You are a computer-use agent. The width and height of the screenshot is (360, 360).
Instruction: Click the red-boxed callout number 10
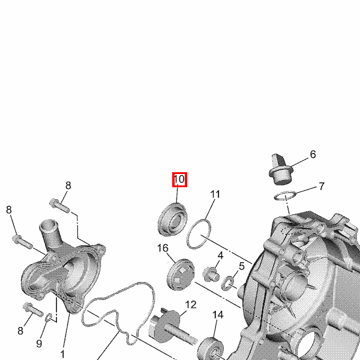coord(179,179)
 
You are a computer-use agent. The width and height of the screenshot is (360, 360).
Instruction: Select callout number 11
coord(215,194)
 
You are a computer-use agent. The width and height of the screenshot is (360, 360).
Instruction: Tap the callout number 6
coord(313,154)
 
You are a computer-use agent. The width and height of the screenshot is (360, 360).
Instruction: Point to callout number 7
coord(322,186)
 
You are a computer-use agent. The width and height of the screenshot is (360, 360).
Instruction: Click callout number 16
coord(163,248)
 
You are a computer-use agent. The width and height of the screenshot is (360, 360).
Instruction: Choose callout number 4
coord(220,256)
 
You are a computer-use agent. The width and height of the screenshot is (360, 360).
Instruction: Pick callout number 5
coord(242,266)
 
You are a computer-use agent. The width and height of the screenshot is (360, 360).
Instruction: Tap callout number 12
coord(191,305)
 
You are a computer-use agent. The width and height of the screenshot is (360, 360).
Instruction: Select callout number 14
coord(218,315)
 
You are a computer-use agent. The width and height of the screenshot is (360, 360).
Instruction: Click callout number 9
coord(39,344)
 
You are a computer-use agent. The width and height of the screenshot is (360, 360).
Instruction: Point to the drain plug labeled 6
coord(281,169)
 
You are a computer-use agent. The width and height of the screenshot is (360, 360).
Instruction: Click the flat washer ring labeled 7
coord(285,196)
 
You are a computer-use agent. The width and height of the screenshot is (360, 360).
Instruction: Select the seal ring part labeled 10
coord(173,219)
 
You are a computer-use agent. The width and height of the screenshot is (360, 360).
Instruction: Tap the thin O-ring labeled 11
coord(199,234)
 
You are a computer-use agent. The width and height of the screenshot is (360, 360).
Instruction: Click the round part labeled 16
coord(181,275)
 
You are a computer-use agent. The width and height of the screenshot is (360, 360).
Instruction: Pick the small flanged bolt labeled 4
coord(211,275)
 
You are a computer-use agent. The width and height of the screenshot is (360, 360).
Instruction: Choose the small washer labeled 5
coord(228,283)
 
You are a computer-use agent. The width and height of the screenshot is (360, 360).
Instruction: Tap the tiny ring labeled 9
coord(49,317)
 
